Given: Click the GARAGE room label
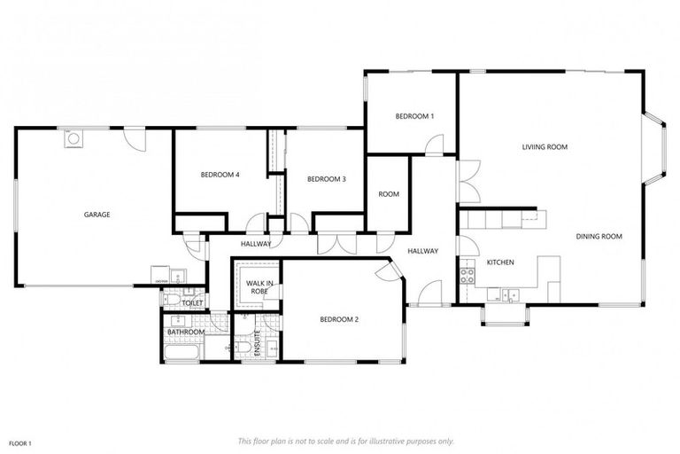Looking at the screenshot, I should tap(97, 215).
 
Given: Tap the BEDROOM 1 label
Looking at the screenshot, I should tap(414, 116).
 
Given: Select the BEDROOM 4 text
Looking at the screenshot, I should tap(220, 175).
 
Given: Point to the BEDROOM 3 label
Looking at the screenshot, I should tap(326, 179).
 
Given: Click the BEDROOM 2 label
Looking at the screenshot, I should tap(338, 319).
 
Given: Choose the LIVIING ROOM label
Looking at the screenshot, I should tap(545, 147).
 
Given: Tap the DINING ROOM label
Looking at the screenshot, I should tap(599, 237).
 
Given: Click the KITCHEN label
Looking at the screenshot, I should tap(500, 262).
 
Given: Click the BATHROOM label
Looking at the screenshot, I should tap(186, 332).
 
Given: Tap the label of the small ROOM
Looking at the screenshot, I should tap(389, 194).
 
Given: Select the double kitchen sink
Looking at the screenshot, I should tap(507, 294).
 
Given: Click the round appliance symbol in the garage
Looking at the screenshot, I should tap(73, 138).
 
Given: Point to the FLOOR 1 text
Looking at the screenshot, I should tap(20, 442).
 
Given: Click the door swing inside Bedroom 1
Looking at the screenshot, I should tap(434, 145).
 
